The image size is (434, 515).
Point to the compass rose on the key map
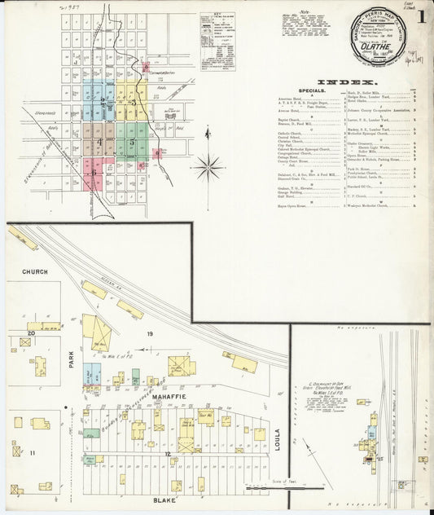208,166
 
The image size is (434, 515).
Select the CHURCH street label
35,271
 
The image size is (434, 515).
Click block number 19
150,335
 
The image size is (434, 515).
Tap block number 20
31,332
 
